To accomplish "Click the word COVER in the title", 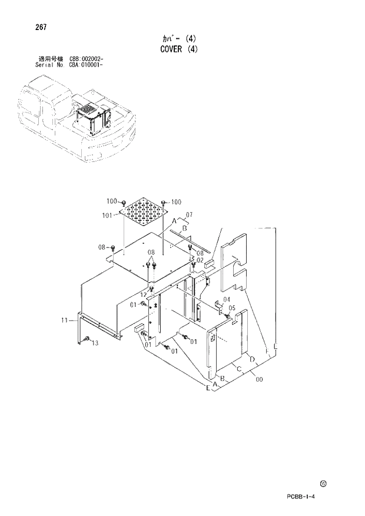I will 172,49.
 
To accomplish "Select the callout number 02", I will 200,260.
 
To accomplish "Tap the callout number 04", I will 227,299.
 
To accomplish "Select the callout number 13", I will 94,343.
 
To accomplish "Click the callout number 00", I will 259,380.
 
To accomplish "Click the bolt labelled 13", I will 87,339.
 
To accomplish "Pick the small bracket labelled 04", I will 217,304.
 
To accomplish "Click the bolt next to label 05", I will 226,316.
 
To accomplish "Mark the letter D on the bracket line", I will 252,359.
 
